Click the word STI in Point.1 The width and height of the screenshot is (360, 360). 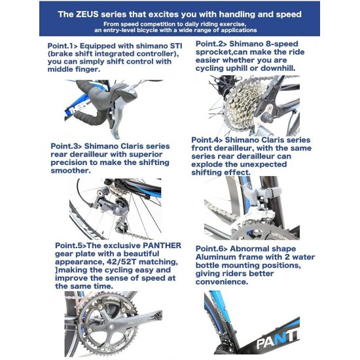[x=176, y=46]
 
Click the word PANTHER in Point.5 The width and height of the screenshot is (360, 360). [x=162, y=245]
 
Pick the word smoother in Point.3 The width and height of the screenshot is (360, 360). [x=69, y=171]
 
